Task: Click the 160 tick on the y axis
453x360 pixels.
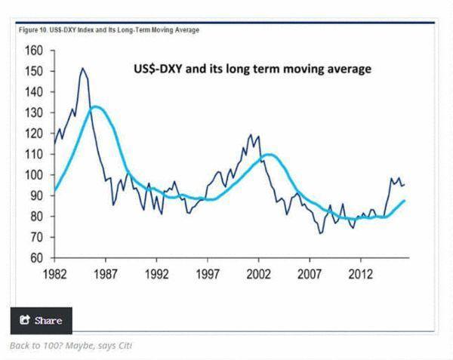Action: click(33, 51)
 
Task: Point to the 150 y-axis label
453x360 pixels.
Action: click(33, 72)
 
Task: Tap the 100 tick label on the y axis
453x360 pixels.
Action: click(33, 175)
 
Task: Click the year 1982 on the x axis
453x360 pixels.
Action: click(54, 272)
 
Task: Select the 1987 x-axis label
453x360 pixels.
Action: click(106, 272)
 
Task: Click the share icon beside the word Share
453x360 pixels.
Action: click(24, 321)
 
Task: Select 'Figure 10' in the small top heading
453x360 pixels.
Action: click(30, 30)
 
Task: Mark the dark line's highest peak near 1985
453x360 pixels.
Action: click(82, 69)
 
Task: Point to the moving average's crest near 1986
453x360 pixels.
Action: click(94, 106)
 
